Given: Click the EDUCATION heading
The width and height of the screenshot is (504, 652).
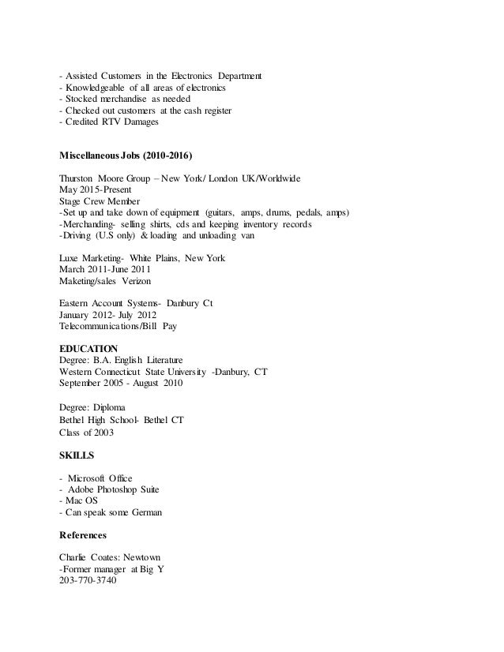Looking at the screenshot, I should [x=88, y=348].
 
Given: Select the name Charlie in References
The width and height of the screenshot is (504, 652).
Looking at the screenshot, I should [x=73, y=557].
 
